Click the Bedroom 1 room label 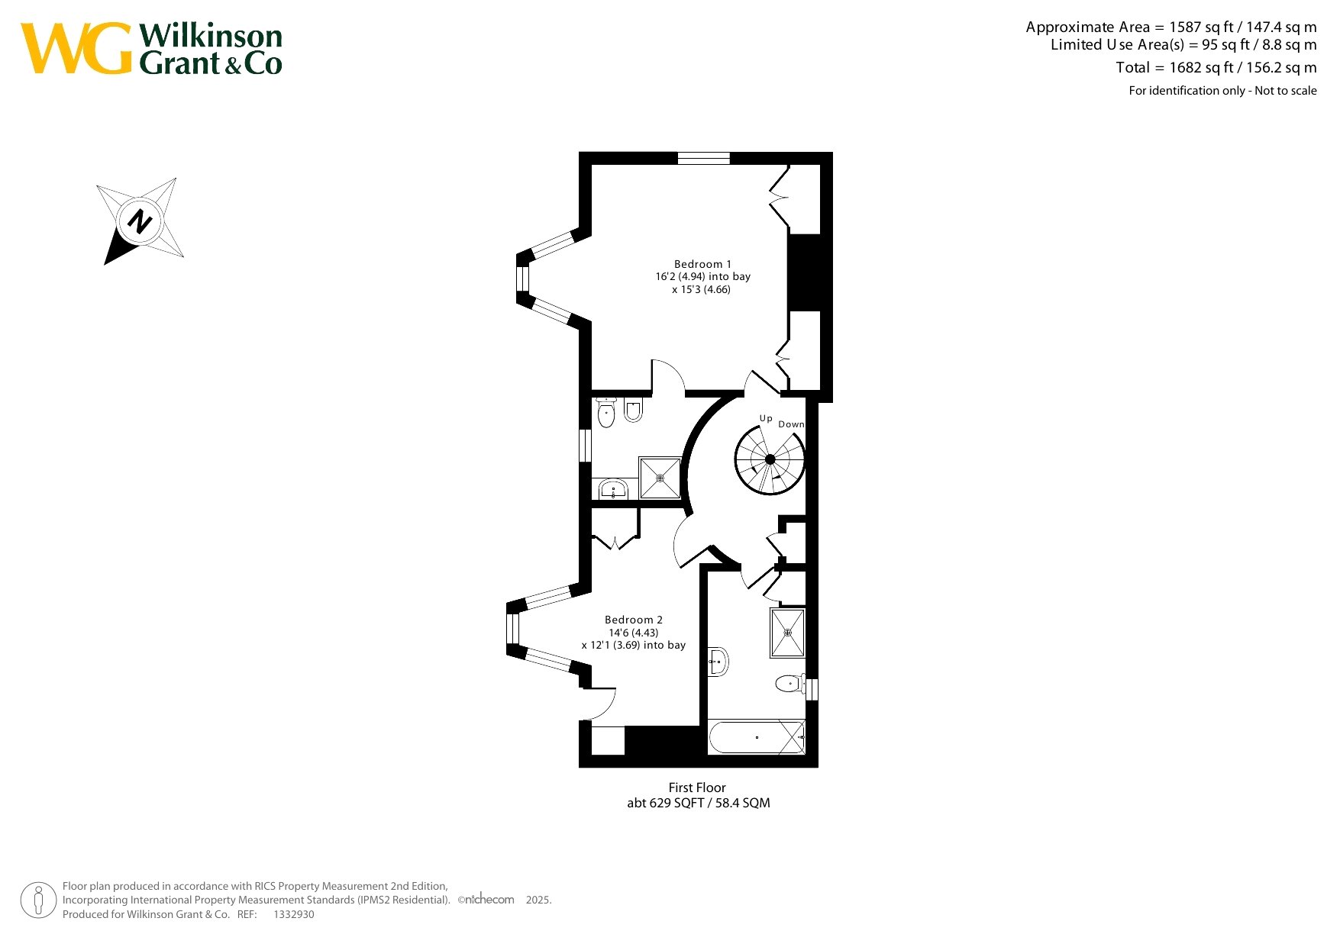tap(702, 264)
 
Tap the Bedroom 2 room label tap(634, 620)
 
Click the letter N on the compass tap(140, 221)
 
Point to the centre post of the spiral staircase tap(770, 459)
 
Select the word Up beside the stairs tap(766, 418)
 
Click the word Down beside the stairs tap(791, 424)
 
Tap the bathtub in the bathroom tap(757, 737)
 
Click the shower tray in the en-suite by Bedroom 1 tap(660, 478)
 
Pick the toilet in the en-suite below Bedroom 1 tap(606, 413)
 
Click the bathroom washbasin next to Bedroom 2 tap(718, 662)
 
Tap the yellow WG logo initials tap(76, 48)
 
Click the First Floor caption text tap(697, 788)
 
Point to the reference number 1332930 tap(294, 914)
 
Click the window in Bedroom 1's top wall tap(704, 159)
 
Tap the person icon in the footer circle tap(38, 900)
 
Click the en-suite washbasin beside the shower tap(613, 488)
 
